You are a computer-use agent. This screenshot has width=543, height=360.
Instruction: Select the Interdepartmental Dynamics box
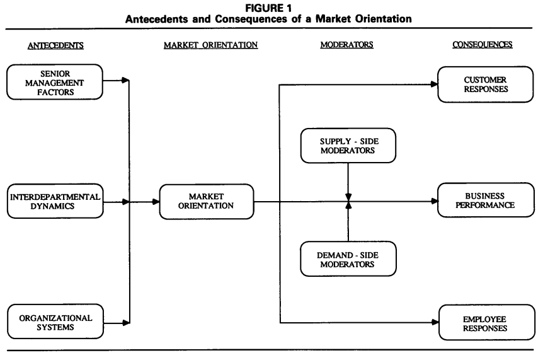tap(54, 202)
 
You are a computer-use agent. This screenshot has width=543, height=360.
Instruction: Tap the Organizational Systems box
tap(54, 322)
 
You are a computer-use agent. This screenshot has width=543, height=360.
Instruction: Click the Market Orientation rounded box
tap(207, 202)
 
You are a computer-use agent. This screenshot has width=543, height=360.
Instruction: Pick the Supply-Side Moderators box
tap(348, 146)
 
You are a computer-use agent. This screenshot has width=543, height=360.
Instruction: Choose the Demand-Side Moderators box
tap(348, 258)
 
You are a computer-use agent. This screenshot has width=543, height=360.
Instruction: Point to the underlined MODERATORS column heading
tap(347, 45)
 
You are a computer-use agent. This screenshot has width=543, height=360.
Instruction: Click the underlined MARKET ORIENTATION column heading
tap(207, 45)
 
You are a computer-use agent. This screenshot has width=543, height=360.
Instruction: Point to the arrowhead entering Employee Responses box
tap(434, 322)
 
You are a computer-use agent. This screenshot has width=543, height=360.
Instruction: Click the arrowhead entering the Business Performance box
tap(434, 202)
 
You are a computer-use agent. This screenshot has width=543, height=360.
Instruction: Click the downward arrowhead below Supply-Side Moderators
tap(348, 197)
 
